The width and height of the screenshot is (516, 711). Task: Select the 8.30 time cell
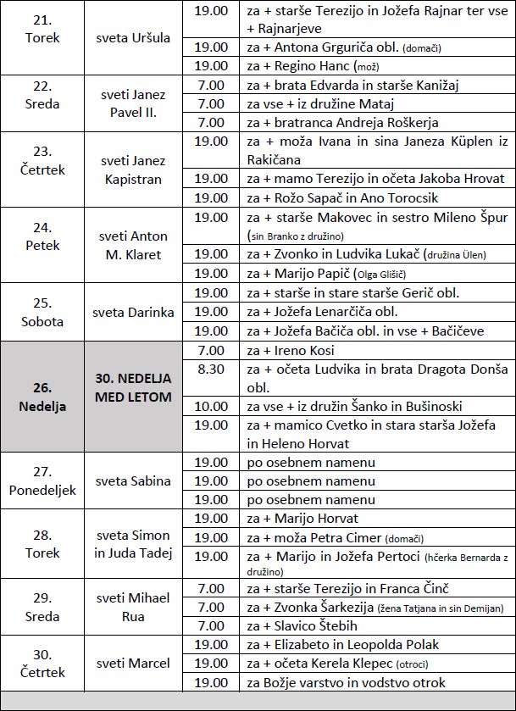(x=210, y=369)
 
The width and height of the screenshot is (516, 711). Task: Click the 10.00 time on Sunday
(x=210, y=406)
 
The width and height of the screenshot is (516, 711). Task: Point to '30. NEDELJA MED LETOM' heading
(x=133, y=388)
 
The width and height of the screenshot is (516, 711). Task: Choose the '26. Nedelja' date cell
(x=42, y=397)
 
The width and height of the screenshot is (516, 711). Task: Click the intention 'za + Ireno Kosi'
(x=291, y=350)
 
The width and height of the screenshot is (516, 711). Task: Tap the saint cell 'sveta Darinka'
(x=133, y=312)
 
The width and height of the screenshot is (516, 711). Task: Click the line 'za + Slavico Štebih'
(x=303, y=626)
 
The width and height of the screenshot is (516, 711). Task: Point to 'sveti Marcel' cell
(x=133, y=663)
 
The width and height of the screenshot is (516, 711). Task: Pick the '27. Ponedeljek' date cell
(x=42, y=481)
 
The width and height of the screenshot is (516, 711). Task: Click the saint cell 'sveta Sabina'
(x=133, y=480)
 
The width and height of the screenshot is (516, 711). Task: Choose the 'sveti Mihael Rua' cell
(x=133, y=608)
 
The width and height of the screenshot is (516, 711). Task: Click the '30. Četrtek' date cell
(x=42, y=663)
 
